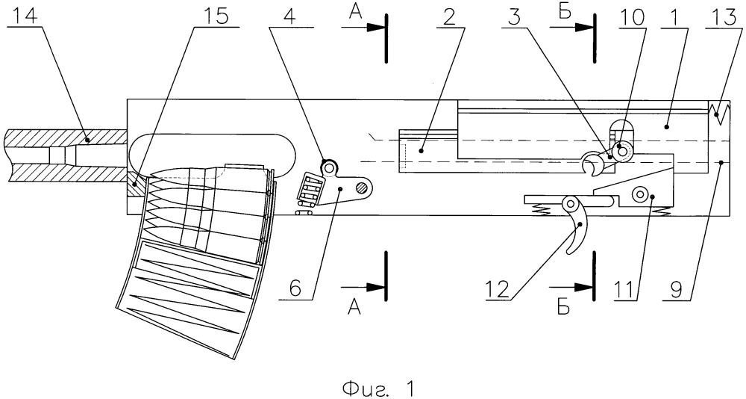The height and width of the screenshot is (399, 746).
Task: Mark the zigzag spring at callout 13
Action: (721, 112)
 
